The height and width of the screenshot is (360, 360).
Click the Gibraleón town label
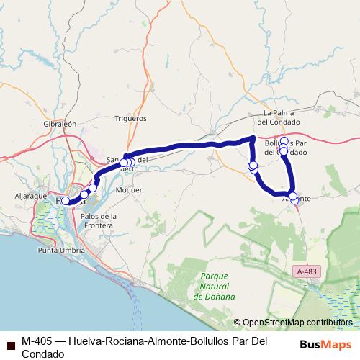[60, 124]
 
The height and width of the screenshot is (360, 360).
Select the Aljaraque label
[30, 195]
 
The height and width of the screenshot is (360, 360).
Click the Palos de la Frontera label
[99, 220]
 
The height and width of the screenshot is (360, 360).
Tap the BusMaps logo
[325, 344]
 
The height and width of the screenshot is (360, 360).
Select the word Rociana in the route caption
[127, 341]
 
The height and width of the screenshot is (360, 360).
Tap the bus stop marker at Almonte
[293, 197]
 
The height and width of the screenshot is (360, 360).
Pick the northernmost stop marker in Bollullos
[284, 141]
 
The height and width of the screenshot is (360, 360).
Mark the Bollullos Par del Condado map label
[288, 148]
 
